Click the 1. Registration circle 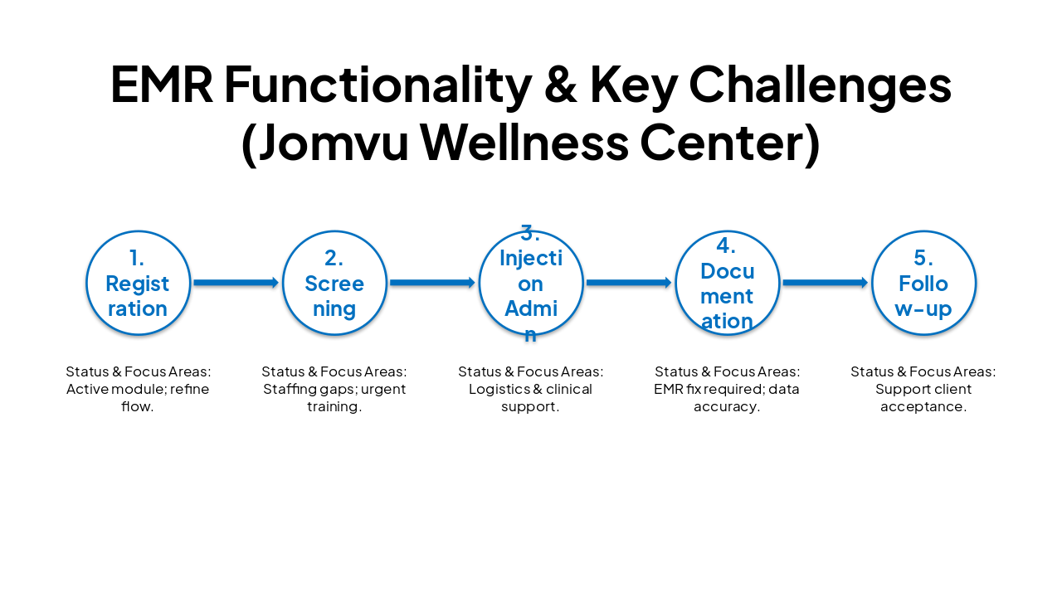pos(138,283)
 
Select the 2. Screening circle pos(334,283)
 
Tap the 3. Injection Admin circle pos(531,283)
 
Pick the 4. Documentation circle pos(727,283)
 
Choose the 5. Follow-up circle pos(923,283)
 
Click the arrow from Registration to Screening pos(236,283)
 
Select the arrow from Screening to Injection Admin pos(432,283)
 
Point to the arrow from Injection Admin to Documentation pos(629,283)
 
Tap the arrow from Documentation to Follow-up pos(825,283)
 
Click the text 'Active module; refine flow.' pos(138,398)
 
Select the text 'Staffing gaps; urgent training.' pos(334,398)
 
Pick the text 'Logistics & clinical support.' pos(531,398)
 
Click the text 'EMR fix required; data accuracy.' pos(727,398)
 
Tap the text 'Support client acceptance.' pos(923,398)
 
